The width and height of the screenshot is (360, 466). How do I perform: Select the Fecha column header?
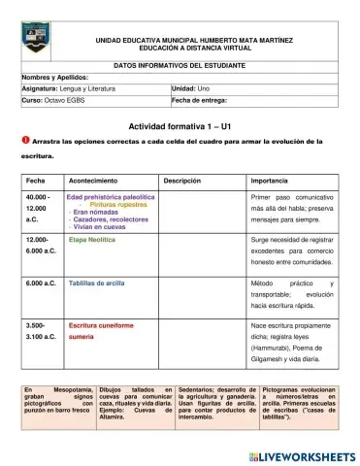coord(36,181)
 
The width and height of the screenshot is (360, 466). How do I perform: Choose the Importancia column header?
coord(269,181)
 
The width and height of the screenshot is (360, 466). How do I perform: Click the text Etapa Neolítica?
coord(92,238)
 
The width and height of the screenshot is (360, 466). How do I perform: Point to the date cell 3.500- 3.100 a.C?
coord(37,333)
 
